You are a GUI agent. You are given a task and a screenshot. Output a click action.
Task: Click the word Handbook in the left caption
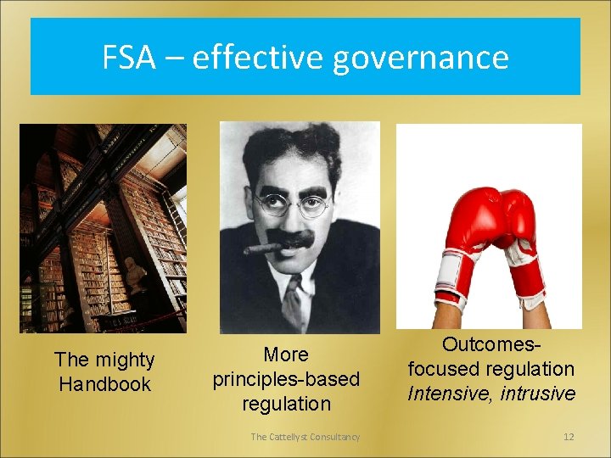click(x=104, y=384)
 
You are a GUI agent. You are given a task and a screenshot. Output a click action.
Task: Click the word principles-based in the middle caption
click(x=286, y=379)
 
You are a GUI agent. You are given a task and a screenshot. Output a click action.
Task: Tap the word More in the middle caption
click(x=286, y=355)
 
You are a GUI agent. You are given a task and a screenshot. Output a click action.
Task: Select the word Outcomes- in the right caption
click(x=491, y=345)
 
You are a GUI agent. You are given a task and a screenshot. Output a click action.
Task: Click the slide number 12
click(x=569, y=437)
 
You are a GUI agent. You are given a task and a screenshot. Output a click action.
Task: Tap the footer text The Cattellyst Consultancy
click(x=305, y=437)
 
